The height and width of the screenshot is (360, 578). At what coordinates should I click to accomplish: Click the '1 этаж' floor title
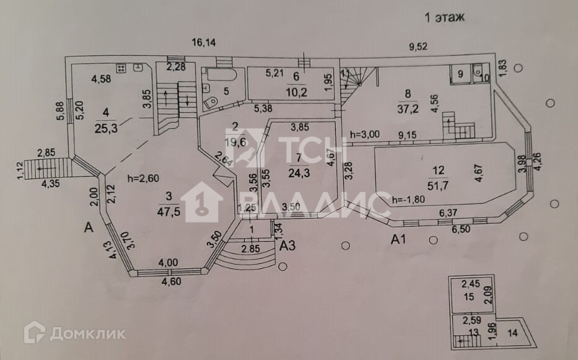coord(444,17)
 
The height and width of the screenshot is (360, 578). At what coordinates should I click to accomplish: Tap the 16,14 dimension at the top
coord(204,43)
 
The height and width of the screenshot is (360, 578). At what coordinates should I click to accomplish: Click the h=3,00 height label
coord(366,134)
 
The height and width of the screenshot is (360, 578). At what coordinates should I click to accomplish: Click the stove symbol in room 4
coord(121,68)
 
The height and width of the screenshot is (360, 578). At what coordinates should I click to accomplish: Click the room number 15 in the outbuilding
coord(468,297)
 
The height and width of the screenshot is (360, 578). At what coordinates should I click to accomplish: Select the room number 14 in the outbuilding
coord(511,333)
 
